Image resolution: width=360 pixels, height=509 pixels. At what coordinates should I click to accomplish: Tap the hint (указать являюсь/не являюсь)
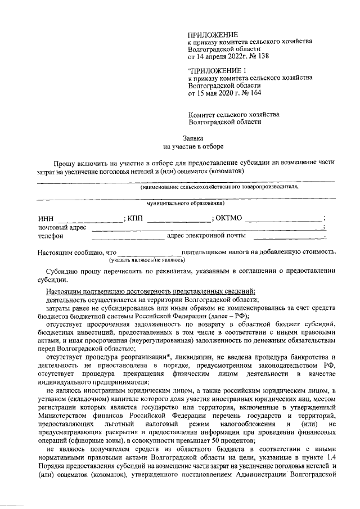click(x=147, y=260)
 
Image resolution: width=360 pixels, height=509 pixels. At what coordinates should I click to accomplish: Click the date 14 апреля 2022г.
click(x=218, y=57)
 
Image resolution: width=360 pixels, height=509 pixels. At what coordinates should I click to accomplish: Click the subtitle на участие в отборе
click(x=193, y=146)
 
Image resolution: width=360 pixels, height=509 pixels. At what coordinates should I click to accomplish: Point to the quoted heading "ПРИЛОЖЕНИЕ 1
click(x=217, y=70)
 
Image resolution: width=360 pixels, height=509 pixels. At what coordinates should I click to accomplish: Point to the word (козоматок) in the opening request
click(x=223, y=171)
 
